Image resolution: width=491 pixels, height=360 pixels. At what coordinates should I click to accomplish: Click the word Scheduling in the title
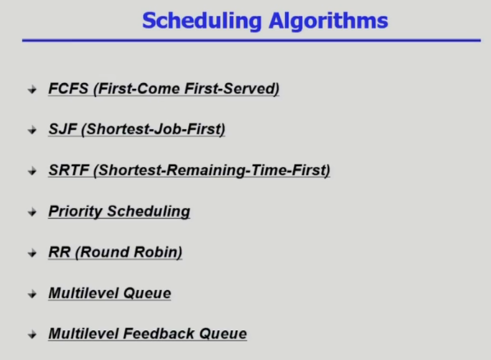click(x=201, y=21)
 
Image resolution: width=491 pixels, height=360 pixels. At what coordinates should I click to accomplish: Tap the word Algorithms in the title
click(x=328, y=21)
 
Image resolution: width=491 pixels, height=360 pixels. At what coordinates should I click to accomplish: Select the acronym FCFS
click(x=68, y=89)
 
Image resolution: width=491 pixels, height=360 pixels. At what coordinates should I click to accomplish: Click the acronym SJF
click(x=63, y=129)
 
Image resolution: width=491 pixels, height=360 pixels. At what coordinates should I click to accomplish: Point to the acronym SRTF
click(x=69, y=170)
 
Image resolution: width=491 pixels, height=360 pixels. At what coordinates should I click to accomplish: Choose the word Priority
click(x=76, y=212)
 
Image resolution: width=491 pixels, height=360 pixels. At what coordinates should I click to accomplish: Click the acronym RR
click(x=60, y=252)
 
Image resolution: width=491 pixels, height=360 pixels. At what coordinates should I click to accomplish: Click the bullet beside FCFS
click(x=32, y=90)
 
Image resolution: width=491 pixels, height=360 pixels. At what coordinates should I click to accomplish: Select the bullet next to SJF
click(x=32, y=130)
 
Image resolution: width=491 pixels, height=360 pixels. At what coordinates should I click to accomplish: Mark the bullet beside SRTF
click(x=32, y=171)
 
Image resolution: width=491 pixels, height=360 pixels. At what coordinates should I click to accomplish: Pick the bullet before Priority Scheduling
click(x=32, y=213)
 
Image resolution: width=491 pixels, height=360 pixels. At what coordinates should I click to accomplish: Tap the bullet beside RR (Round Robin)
click(x=32, y=253)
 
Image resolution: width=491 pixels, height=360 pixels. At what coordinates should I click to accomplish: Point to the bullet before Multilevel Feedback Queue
click(x=32, y=335)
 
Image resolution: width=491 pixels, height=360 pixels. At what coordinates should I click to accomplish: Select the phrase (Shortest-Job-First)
click(x=153, y=129)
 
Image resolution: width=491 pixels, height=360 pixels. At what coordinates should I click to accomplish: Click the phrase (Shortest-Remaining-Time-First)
click(x=212, y=170)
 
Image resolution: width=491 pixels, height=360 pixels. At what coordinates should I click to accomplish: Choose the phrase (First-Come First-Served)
click(x=186, y=89)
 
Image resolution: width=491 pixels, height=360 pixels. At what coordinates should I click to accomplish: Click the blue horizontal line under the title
click(x=251, y=40)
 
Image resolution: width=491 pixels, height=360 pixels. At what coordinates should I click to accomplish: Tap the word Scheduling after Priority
click(x=149, y=212)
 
